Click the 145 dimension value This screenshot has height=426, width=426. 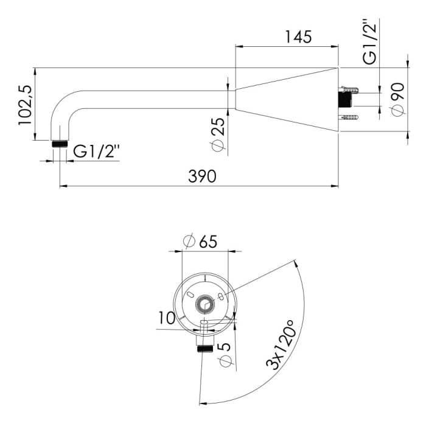point(298,37)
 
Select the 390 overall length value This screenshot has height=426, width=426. point(202,176)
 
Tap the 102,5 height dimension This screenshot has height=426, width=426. point(25,105)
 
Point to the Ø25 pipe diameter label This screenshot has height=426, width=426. point(219,134)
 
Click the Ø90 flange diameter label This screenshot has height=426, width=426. point(398,99)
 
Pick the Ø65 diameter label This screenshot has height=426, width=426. point(200,241)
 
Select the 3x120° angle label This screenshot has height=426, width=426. point(280,345)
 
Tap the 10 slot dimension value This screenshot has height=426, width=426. point(167,318)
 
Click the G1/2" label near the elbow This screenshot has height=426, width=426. point(96,152)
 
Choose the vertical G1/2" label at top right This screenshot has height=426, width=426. point(370,41)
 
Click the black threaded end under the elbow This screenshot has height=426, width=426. point(60,144)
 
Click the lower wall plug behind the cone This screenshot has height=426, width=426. point(349,117)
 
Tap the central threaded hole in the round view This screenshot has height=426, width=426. point(205,304)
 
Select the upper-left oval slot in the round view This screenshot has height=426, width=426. point(190,294)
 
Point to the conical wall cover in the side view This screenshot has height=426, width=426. point(287,99)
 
